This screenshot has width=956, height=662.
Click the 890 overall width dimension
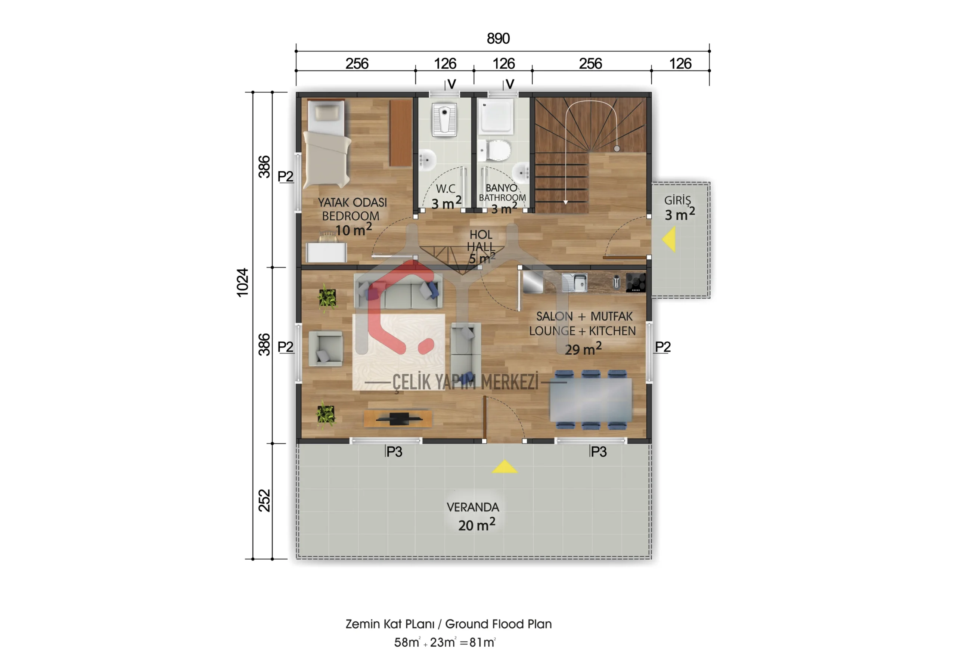(498, 38)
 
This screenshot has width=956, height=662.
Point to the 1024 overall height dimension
(242, 283)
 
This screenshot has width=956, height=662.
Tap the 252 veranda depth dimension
(264, 500)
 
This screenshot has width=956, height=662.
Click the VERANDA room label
(473, 507)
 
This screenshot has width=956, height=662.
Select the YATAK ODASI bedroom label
(352, 202)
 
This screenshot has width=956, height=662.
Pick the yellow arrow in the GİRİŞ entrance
(669, 239)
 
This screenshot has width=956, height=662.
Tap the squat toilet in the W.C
(444, 120)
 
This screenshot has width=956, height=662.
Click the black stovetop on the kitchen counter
(636, 282)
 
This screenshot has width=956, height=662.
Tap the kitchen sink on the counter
(574, 282)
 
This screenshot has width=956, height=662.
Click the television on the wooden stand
(399, 419)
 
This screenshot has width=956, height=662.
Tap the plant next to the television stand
(326, 415)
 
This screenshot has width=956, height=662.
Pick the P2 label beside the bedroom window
(285, 176)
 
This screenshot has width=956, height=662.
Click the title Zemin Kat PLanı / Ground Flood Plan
(448, 624)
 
